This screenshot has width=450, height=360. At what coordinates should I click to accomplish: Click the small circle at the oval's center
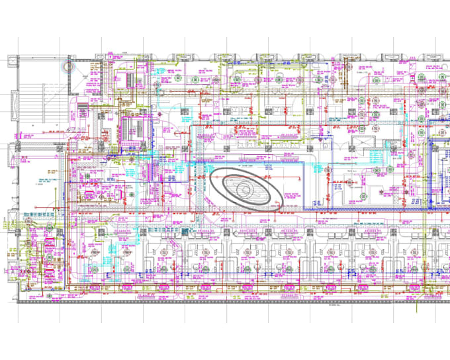point(245,191)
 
